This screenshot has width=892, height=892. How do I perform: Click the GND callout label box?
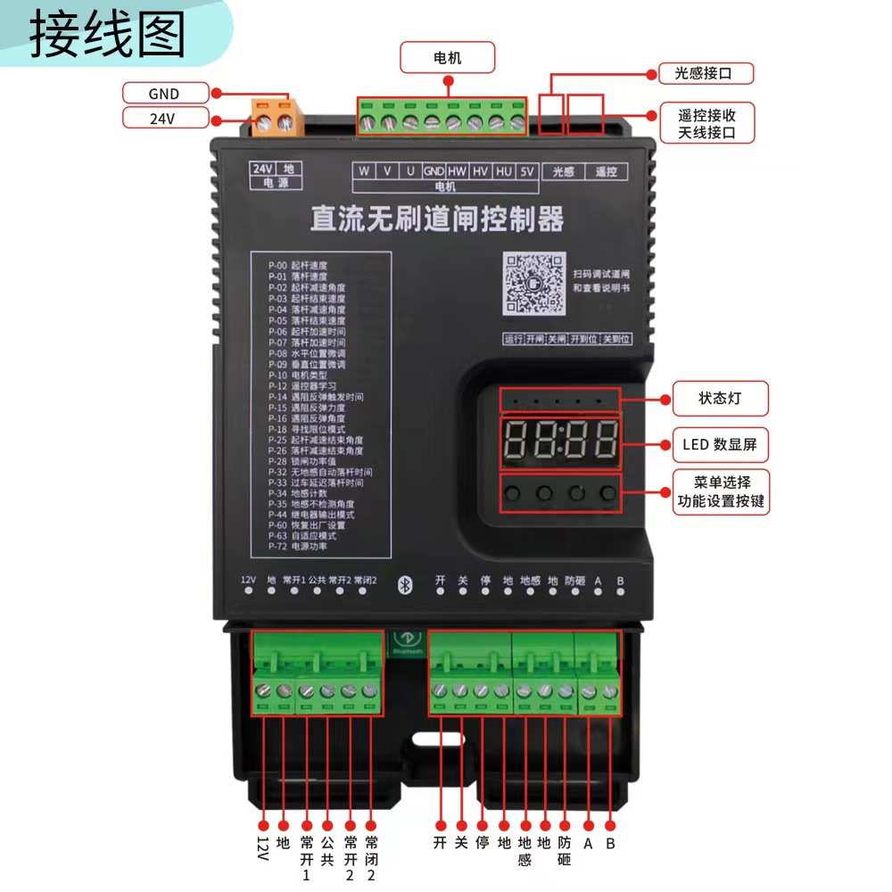pos(164,93)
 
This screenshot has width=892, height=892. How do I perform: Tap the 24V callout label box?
pos(164,118)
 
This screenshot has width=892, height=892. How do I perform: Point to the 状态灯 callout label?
pos(719,399)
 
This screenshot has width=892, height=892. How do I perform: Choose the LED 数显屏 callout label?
pos(718,444)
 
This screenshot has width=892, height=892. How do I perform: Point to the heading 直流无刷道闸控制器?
pos(437,219)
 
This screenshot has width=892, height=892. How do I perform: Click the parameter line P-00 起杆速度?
pos(298,266)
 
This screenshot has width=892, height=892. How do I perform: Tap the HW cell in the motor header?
pos(458,171)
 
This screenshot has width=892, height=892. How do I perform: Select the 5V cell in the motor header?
pos(526,171)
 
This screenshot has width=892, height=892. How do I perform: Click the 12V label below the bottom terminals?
pos(262,848)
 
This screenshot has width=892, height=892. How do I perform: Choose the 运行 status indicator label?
pos(513,339)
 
